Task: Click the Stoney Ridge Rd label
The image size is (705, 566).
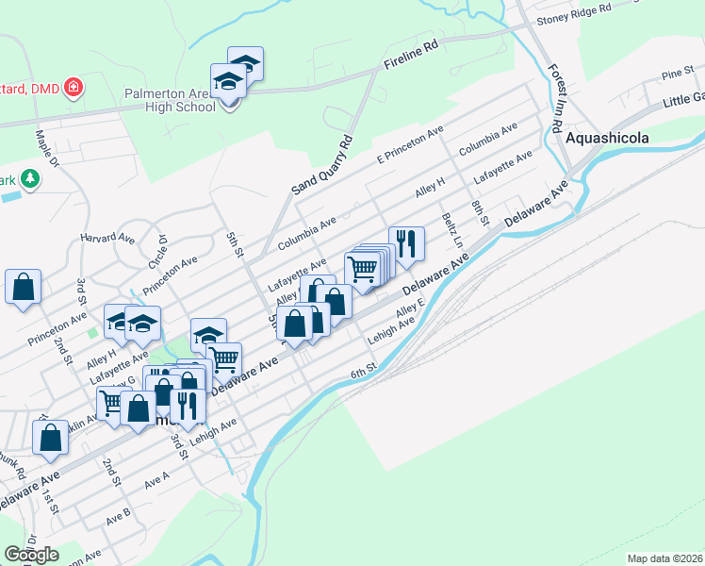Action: click(574, 13)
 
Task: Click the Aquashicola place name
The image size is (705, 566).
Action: click(608, 138)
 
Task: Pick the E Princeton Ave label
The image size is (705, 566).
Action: click(410, 145)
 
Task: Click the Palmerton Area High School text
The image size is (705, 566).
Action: click(170, 100)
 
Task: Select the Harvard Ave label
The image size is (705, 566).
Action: click(103, 237)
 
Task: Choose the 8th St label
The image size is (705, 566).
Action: click(481, 212)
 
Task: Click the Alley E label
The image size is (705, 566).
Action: click(410, 309)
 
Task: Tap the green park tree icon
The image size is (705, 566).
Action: click(30, 178)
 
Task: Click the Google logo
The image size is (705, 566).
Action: click(31, 555)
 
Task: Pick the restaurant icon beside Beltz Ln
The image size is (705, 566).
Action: click(406, 243)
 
